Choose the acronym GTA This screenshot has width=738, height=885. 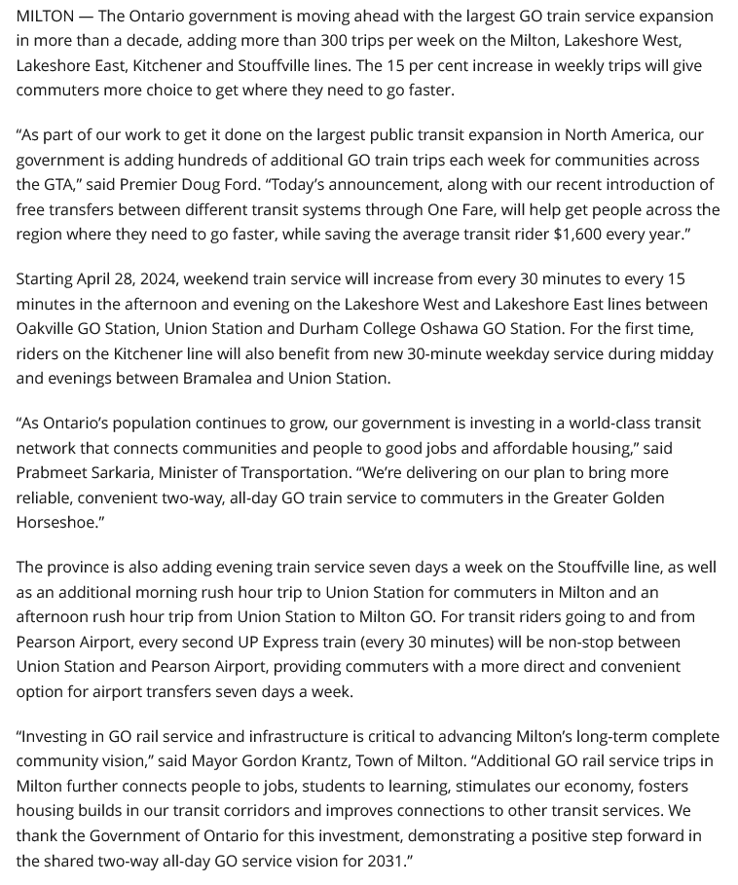pyautogui.click(x=59, y=185)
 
